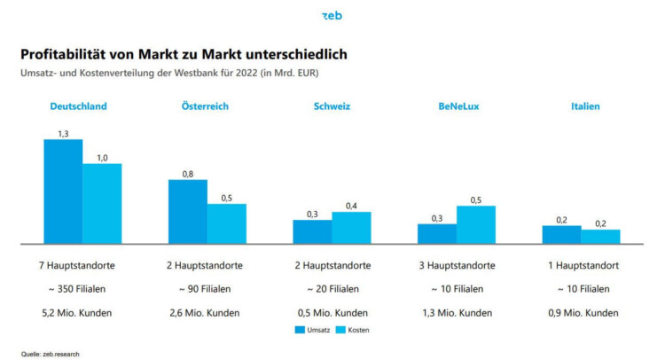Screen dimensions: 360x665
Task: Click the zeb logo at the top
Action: [x=332, y=16]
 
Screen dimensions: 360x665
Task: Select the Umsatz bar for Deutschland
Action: [x=63, y=192]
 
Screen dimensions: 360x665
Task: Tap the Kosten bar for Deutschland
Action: [x=102, y=204]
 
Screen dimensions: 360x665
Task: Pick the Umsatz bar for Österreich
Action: [x=188, y=212]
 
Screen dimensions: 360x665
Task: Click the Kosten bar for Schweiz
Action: [x=351, y=228]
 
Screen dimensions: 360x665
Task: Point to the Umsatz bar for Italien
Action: [x=561, y=235]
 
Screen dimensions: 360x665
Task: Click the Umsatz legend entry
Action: [x=311, y=330]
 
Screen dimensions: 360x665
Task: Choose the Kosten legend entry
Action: [x=351, y=330]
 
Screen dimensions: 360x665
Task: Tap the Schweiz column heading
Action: [x=332, y=106]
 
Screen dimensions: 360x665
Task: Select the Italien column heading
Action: [x=585, y=106]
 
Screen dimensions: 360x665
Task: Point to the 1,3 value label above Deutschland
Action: [x=63, y=133]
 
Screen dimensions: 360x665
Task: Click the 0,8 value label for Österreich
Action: [x=188, y=174]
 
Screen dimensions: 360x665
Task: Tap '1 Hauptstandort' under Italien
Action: [x=583, y=265]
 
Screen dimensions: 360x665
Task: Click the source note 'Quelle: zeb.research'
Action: [x=51, y=352]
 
